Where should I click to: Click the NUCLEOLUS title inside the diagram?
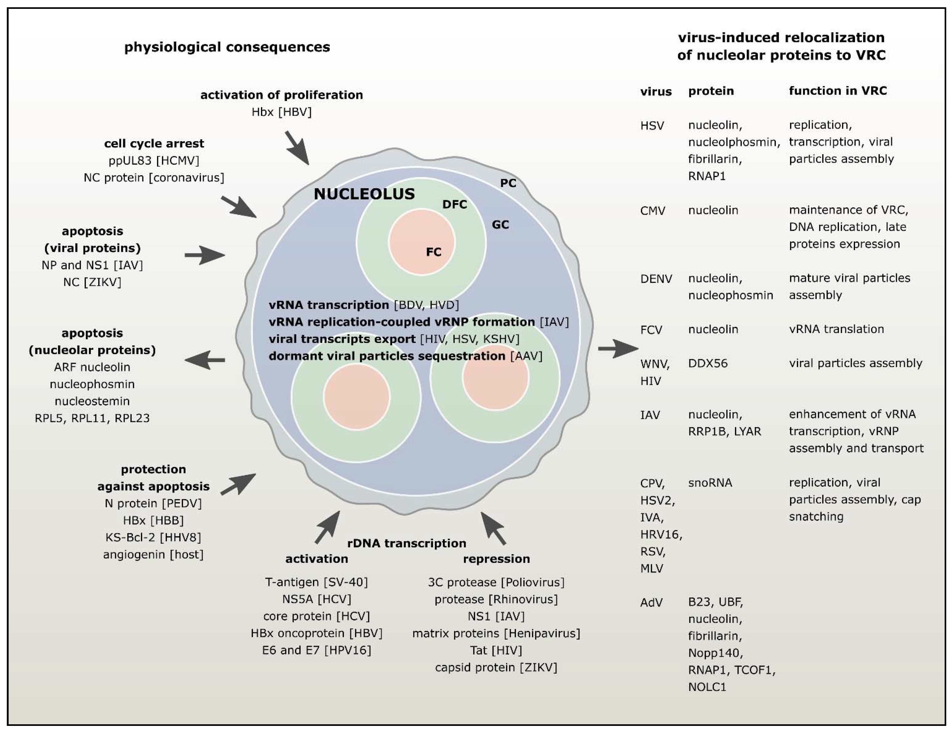pos(364,194)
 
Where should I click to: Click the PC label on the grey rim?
pos(508,183)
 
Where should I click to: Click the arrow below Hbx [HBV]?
pos(297,148)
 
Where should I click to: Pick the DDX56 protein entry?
pos(708,363)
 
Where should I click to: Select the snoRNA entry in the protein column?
pos(710,482)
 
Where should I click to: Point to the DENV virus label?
pos(656,279)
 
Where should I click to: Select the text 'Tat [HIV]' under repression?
pos(496,650)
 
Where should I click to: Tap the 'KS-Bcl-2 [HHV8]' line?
pos(153,537)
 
